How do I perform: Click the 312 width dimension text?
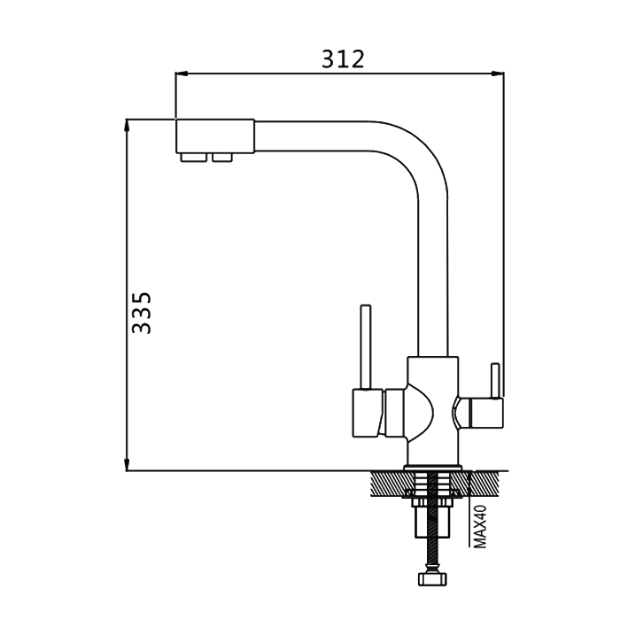coord(343,59)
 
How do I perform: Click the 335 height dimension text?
coord(142,313)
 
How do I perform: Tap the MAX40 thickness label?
coord(480,526)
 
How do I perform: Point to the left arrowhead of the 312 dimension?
coord(181,74)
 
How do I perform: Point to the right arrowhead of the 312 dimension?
coord(498,74)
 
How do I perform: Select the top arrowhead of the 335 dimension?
coord(127,125)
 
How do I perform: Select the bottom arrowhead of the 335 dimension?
coord(127,465)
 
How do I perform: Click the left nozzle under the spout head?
coord(193,158)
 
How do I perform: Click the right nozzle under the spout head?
coord(221,158)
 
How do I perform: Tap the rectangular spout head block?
coord(214,136)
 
